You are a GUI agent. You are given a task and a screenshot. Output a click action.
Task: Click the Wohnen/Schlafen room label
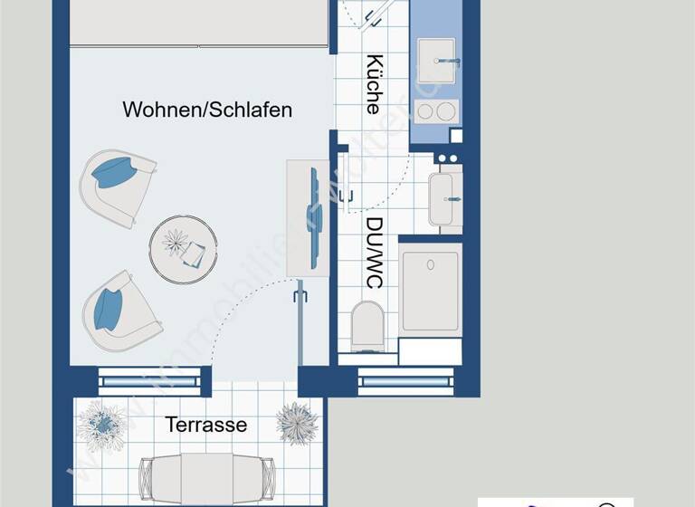[207, 110]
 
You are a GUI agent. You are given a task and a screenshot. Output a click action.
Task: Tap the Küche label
[373, 84]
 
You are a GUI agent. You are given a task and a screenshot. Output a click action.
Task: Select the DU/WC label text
[373, 252]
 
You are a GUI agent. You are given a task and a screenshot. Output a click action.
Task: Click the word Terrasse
[205, 424]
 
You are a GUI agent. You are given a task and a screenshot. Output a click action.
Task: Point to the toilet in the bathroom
[367, 324]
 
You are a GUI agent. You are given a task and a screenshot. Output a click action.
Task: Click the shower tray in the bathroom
[430, 290]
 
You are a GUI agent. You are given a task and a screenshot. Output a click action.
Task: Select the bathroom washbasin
[442, 198]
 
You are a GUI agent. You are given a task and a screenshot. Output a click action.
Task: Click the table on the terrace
[206, 476]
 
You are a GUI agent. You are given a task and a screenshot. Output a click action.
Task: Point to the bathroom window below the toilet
[404, 381]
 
